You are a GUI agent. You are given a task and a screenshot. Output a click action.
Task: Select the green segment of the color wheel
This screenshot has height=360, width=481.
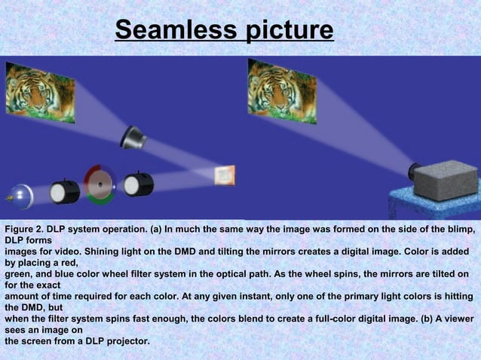click(x=100, y=198)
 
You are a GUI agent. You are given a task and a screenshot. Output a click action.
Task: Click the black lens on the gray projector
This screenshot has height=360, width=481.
click(x=414, y=170)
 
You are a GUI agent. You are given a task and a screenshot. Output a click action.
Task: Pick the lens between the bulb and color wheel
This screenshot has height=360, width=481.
click(x=65, y=191)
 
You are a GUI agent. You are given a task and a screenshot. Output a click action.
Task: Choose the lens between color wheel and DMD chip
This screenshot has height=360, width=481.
click(x=138, y=184)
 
